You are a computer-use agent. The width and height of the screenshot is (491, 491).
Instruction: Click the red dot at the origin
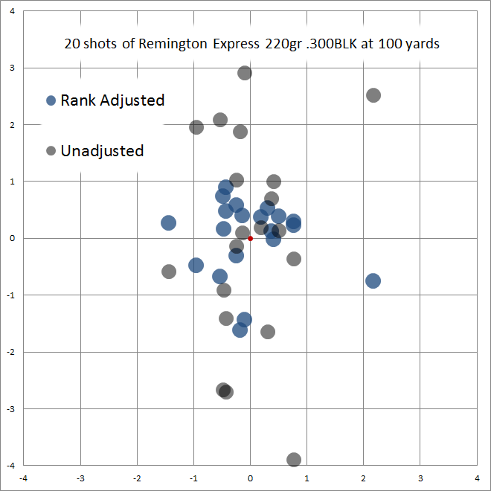pos(250,238)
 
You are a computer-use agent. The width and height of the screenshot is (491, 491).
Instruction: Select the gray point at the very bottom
pos(294,460)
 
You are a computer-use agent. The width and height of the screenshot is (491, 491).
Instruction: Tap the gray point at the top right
pos(373,95)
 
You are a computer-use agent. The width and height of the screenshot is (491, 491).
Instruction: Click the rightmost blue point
pos(373,280)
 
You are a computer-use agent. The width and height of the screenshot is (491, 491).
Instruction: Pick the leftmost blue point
pos(169,222)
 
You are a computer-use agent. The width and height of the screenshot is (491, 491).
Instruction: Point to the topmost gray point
pos(245,73)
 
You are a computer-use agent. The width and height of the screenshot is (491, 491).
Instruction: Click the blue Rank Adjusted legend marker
pos(51,100)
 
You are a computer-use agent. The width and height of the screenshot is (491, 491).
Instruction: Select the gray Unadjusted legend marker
pos(51,151)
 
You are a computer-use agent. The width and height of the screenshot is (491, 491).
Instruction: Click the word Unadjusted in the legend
pos(102,151)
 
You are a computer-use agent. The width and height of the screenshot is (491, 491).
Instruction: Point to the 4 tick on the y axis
pos(13,11)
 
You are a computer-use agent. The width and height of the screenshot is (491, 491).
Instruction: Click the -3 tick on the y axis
pos(11,408)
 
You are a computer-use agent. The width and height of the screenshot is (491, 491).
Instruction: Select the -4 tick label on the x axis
pos(24,478)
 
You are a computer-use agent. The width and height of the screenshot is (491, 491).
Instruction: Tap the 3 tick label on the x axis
pos(420,478)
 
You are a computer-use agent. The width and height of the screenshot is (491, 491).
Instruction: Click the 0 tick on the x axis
pos(251,478)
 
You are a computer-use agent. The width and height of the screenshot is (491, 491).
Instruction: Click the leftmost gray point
pos(169,272)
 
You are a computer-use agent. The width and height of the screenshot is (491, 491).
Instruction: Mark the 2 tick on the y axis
pos(13,125)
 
